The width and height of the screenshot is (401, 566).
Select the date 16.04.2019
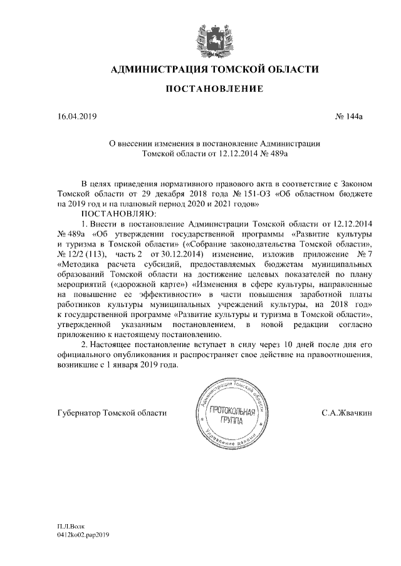(75, 116)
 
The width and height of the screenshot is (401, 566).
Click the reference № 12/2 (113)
(81, 254)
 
